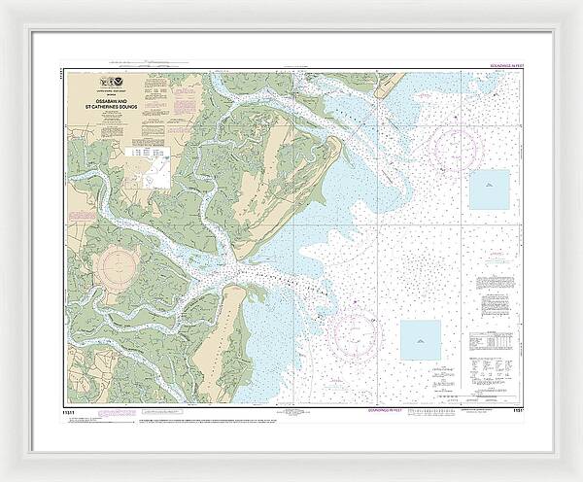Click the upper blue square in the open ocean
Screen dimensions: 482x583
[x=490, y=189]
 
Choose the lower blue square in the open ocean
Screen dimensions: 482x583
[x=421, y=340]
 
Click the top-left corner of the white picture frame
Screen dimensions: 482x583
[x=4, y=4]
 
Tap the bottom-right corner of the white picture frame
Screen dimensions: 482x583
[x=578, y=477]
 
